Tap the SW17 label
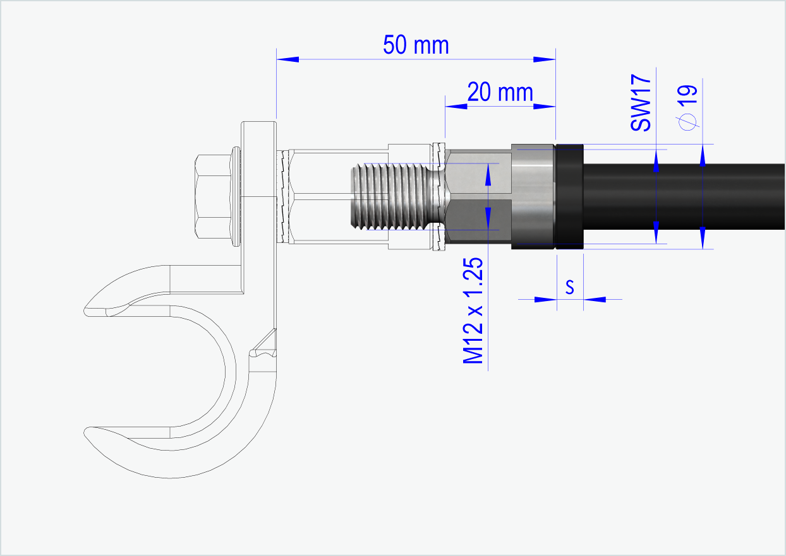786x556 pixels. point(641,102)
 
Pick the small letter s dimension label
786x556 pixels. point(569,287)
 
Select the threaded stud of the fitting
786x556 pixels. point(389,196)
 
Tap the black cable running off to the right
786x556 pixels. point(682,196)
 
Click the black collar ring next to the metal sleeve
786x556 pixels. point(569,196)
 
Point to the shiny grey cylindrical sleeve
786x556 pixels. point(532,196)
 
